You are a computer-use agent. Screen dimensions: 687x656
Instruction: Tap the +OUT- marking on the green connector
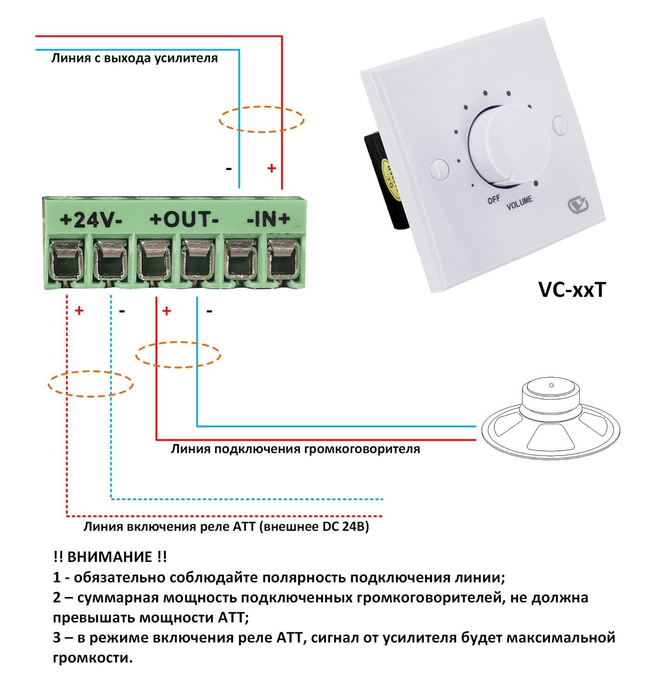(184, 219)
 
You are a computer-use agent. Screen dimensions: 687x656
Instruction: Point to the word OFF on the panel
(494, 200)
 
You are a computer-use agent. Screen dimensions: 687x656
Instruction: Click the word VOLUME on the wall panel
(519, 203)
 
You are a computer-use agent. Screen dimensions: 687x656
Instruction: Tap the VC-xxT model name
(572, 290)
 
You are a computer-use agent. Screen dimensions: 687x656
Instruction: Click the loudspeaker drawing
(550, 422)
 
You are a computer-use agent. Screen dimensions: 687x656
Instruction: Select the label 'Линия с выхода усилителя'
(134, 58)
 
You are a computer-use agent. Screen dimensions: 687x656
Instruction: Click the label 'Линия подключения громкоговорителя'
(295, 449)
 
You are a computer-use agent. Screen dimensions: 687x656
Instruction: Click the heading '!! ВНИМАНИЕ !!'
(110, 556)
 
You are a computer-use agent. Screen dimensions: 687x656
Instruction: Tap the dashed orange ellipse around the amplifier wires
(262, 119)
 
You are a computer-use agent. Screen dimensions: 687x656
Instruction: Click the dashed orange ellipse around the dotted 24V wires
(91, 384)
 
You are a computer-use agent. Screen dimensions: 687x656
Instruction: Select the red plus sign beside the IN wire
(272, 168)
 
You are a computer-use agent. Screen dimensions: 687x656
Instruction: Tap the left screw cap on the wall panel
(439, 169)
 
